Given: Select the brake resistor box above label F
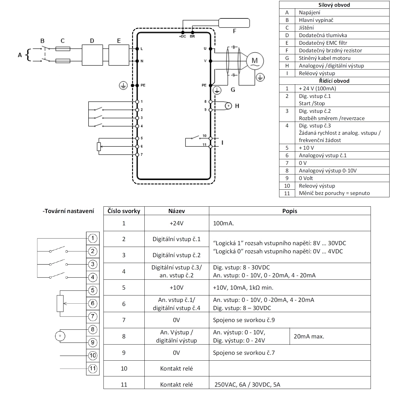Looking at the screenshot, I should pos(234,23).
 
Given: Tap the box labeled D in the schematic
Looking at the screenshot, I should pos(92,55).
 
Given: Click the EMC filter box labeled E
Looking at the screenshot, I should pos(119,55).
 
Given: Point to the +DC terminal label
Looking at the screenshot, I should pos(182,37).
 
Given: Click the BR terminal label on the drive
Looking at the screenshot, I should pos(192,37).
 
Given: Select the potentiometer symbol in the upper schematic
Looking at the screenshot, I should pos(99,146).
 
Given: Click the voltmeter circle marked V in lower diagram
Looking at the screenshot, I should pos(60,336).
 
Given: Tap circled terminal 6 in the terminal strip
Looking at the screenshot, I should pos(93,303).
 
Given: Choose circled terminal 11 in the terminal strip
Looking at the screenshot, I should pos(93,368).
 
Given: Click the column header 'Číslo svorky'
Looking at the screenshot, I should pos(124,211).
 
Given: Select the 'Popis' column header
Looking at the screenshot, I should pos(290,211).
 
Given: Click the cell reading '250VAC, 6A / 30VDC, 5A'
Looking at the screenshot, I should pos(247,385).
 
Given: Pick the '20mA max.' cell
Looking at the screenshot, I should pos(309,336).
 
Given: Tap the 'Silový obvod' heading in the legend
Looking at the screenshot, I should pos(334,5).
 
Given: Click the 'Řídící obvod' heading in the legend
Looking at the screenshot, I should pos(334,81).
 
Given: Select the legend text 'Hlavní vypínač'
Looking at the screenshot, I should pos(316,20).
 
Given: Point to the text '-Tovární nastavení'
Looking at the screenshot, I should pos(68,211).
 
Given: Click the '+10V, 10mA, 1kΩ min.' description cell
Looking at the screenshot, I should pos(243,288).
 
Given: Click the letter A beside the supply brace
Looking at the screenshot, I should pos(20,55).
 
